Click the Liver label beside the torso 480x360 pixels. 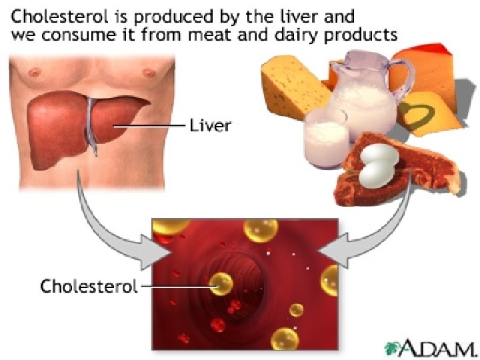211,125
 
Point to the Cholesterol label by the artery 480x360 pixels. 89,287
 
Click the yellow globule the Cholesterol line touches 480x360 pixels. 220,285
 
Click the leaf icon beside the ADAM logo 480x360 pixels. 393,347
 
